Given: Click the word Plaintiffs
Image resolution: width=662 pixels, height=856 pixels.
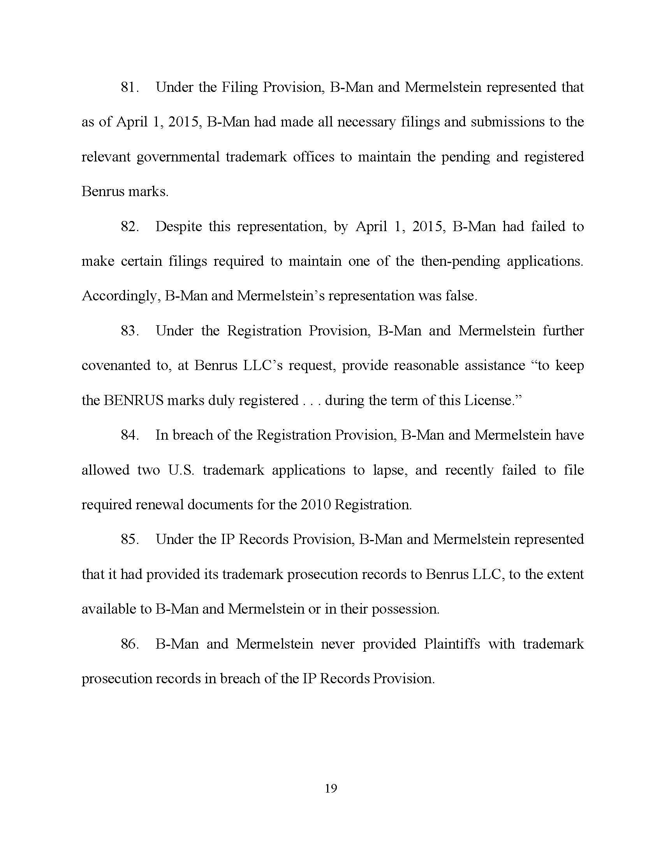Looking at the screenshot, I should pyautogui.click(x=451, y=644).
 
